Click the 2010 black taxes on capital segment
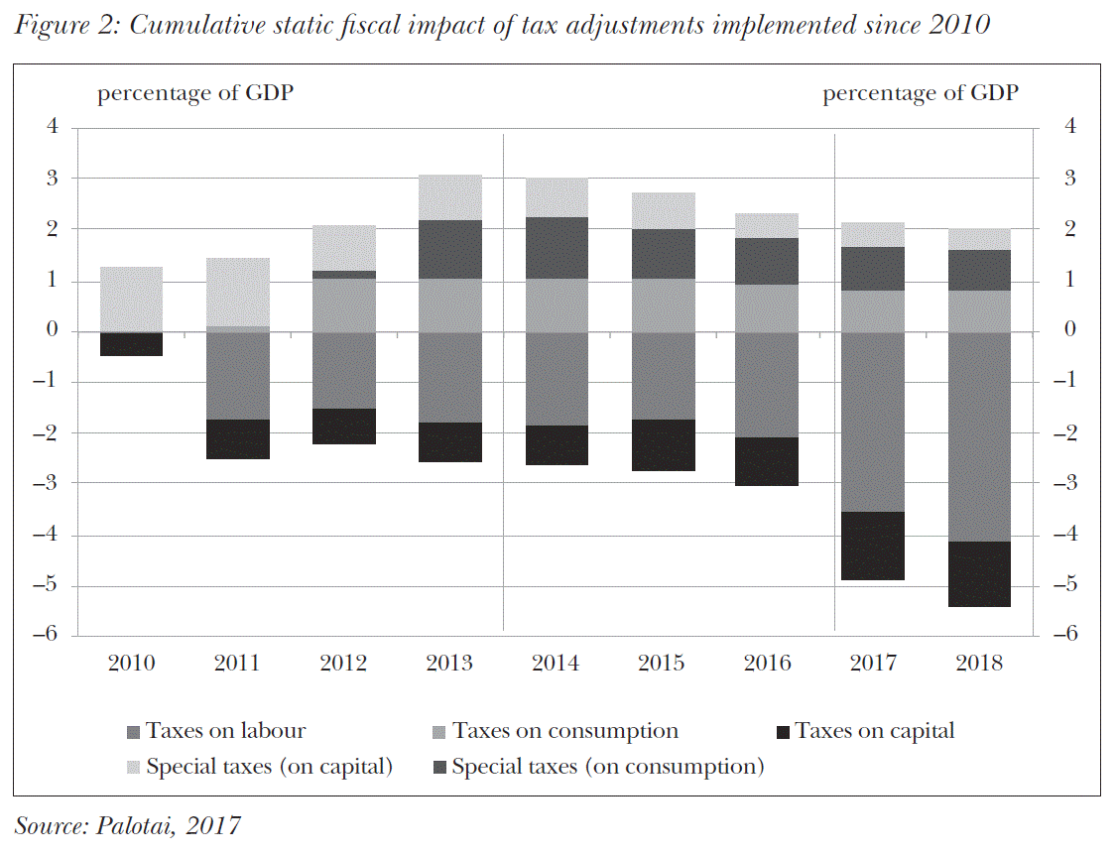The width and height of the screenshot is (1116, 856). point(131,343)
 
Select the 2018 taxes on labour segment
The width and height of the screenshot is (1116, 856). point(980,436)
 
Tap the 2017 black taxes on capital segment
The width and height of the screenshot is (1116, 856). point(874,546)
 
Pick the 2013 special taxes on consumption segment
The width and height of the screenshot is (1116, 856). point(449,249)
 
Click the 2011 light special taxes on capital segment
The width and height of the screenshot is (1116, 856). point(237,292)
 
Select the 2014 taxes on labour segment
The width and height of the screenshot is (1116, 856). point(556,379)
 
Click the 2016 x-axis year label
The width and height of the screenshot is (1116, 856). point(768,664)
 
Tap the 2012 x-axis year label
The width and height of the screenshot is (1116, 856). point(343,664)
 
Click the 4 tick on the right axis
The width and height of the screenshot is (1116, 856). point(1068,127)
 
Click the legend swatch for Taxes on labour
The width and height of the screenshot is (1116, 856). point(134,733)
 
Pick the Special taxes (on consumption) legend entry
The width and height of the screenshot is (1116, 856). point(607,767)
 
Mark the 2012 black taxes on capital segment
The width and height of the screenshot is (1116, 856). point(343,427)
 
